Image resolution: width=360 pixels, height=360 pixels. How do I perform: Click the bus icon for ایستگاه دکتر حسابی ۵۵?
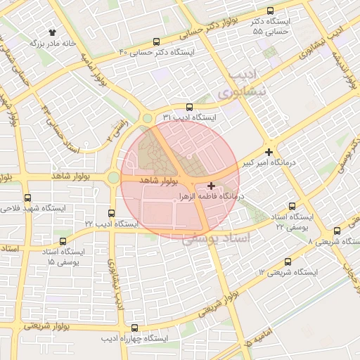pyautogui.click(x=270, y=11)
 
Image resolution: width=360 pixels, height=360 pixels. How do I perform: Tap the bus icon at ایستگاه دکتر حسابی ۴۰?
pyautogui.click(x=155, y=41)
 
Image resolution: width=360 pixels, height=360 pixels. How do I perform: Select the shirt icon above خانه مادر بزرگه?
pyautogui.click(x=52, y=32)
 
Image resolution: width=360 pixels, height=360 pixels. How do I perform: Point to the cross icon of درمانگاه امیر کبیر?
pyautogui.click(x=269, y=152)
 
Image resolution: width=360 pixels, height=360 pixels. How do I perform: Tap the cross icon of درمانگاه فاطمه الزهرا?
pyautogui.click(x=212, y=186)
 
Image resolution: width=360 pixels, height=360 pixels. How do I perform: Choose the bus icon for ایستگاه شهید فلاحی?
pyautogui.click(x=27, y=198)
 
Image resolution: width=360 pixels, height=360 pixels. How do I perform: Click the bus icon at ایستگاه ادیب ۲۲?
pyautogui.click(x=111, y=213)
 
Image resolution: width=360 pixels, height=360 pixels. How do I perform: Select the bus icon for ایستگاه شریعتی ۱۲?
pyautogui.click(x=287, y=262)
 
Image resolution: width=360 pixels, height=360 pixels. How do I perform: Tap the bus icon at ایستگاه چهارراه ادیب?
pyautogui.click(x=135, y=328)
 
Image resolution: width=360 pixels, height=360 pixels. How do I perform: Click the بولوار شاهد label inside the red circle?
pyautogui.click(x=156, y=180)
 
